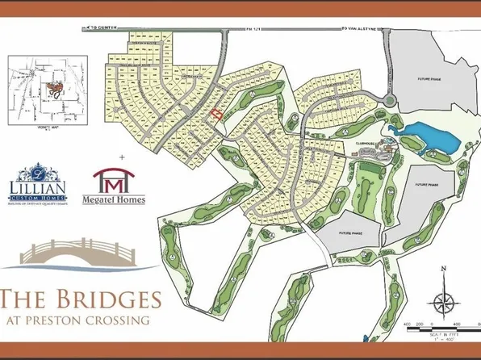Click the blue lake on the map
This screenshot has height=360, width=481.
point(432,136)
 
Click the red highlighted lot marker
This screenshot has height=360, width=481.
point(215,115)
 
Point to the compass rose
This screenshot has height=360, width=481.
point(441,302)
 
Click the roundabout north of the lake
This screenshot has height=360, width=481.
point(390,101)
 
